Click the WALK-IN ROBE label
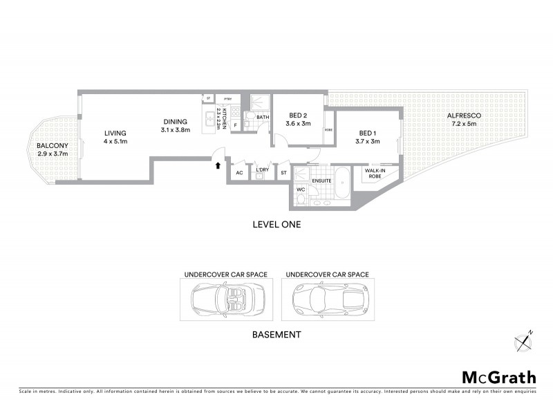(x=375, y=172)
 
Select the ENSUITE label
(x=321, y=181)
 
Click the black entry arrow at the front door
(x=218, y=165)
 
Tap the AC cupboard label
(x=239, y=172)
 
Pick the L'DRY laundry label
(x=262, y=170)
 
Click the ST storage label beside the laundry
(x=283, y=172)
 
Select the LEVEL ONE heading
(x=276, y=225)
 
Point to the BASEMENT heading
(x=276, y=335)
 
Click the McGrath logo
(x=498, y=377)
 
